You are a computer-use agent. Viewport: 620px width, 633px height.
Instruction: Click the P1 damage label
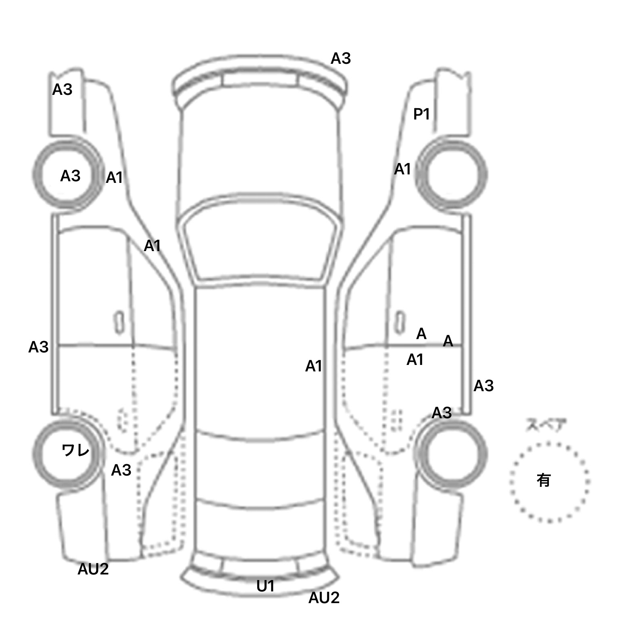click(x=421, y=115)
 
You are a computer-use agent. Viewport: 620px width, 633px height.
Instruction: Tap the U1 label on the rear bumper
click(x=266, y=586)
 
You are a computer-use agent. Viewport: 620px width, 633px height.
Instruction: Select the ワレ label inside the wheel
click(x=75, y=450)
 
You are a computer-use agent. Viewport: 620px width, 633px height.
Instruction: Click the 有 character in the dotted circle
click(x=543, y=480)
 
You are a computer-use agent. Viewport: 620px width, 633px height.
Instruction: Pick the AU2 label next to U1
click(x=324, y=597)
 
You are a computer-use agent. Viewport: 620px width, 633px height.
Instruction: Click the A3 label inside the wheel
click(x=70, y=176)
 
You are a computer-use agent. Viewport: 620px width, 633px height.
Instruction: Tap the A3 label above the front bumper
click(x=341, y=59)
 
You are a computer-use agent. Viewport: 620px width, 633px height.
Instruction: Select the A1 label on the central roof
click(x=314, y=366)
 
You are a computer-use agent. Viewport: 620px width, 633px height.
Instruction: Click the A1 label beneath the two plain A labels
click(x=415, y=359)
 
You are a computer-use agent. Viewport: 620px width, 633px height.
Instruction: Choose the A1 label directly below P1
click(x=402, y=169)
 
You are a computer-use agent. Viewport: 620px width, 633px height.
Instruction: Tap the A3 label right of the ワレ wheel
click(x=121, y=470)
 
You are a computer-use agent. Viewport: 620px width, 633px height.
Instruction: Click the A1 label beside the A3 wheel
click(x=114, y=178)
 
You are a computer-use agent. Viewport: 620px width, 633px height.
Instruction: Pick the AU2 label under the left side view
click(x=93, y=569)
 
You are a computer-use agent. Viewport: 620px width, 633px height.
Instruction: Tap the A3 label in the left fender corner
click(x=62, y=90)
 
